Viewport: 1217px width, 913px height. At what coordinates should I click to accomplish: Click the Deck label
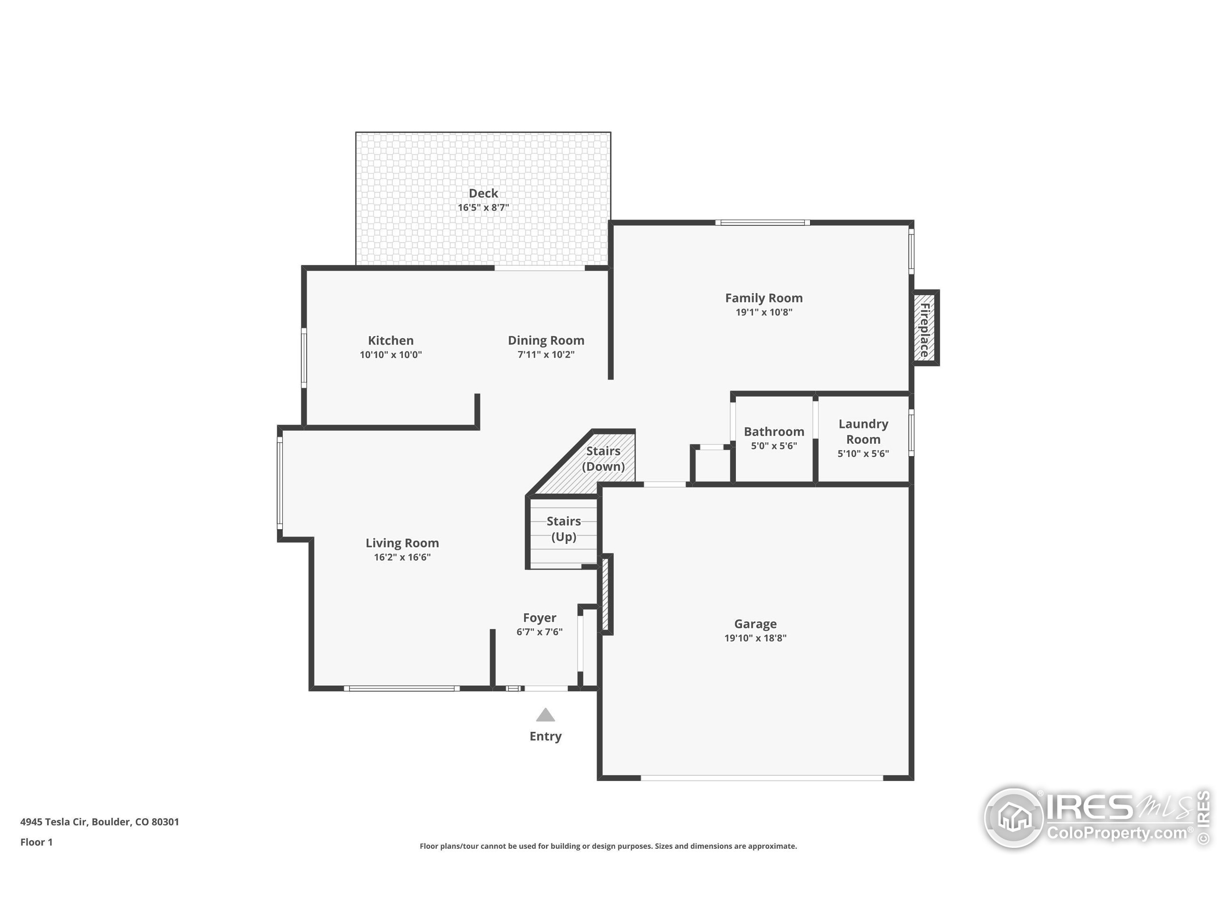(x=483, y=193)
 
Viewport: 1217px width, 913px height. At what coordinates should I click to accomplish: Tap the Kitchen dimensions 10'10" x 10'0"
(x=391, y=355)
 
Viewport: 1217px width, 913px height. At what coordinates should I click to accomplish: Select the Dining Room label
(x=546, y=340)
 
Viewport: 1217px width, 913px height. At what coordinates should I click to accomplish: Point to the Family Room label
(x=763, y=298)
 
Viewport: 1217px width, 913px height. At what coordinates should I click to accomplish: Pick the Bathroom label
(x=774, y=431)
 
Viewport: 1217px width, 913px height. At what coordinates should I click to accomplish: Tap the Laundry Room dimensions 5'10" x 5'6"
(x=863, y=454)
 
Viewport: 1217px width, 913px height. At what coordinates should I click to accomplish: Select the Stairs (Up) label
(x=564, y=529)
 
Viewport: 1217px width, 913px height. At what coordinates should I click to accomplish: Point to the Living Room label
(x=402, y=543)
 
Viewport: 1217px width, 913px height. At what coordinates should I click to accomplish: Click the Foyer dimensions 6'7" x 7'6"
(x=539, y=632)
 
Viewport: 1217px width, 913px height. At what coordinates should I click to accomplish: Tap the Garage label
(x=755, y=624)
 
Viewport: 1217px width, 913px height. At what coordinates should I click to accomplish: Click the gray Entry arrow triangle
(x=545, y=715)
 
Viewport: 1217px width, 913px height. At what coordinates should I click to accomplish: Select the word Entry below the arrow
(x=545, y=736)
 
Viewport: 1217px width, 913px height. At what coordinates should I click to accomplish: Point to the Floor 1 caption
(x=36, y=842)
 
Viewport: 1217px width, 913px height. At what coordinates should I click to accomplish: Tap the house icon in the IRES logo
(x=1014, y=817)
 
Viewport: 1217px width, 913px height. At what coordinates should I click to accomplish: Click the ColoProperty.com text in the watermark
(x=1117, y=833)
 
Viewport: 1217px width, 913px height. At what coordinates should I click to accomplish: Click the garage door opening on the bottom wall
(x=762, y=778)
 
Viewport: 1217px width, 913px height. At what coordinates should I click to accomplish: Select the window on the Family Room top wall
(x=763, y=223)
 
